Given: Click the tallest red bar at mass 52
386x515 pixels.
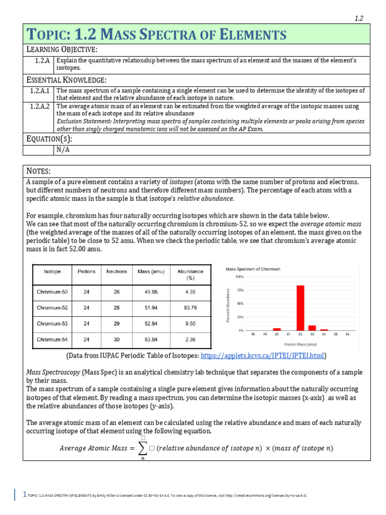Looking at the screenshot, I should point(300,308).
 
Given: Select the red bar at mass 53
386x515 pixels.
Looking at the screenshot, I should point(312,328).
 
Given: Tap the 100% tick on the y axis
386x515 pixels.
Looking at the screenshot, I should point(239,277).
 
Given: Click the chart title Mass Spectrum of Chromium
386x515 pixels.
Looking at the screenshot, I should point(253,269).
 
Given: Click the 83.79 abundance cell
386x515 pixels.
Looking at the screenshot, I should point(190,307).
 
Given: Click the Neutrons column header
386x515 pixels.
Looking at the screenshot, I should point(117,272).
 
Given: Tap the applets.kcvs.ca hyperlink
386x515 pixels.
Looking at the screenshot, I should point(262,356).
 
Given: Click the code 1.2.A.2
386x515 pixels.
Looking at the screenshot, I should point(39,107).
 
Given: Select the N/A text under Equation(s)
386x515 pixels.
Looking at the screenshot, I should point(62,149).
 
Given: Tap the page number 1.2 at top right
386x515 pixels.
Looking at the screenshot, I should point(359,18).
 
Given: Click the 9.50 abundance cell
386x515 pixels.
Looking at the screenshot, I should point(190,323).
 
